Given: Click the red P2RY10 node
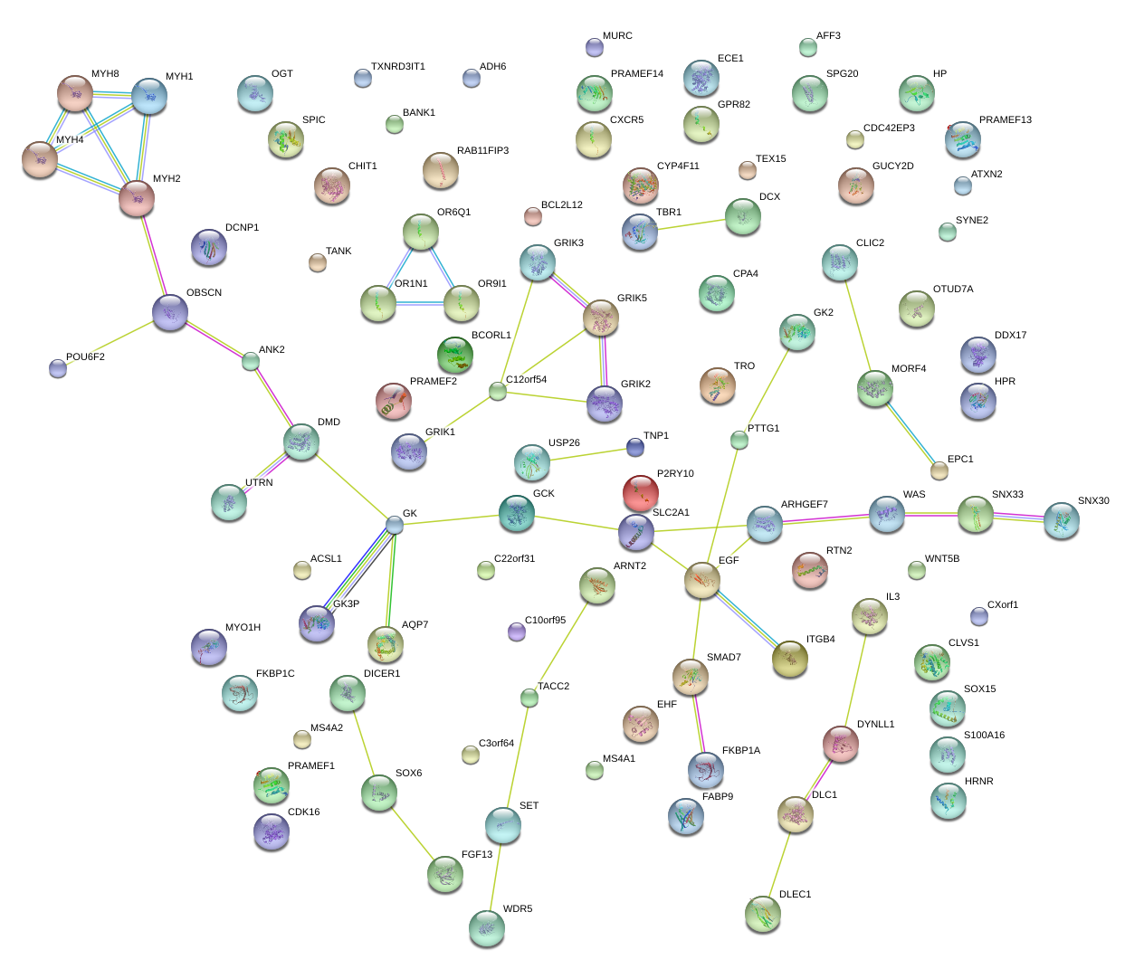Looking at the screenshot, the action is pyautogui.click(x=641, y=493).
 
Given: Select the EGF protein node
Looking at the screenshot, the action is pyautogui.click(x=702, y=580).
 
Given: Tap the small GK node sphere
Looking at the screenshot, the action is pyautogui.click(x=395, y=525).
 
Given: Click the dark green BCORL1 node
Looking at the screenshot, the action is pyautogui.click(x=455, y=355).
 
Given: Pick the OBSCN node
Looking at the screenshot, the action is pyautogui.click(x=170, y=312).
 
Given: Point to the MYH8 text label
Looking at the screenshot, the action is pyautogui.click(x=105, y=73).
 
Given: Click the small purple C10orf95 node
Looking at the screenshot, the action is pyautogui.click(x=517, y=632).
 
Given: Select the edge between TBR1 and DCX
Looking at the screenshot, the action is pyautogui.click(x=691, y=224).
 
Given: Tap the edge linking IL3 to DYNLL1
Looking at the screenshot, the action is pyautogui.click(x=855, y=680).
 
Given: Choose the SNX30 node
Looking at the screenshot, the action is pyautogui.click(x=1062, y=520).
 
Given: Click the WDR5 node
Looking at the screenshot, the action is pyautogui.click(x=487, y=928).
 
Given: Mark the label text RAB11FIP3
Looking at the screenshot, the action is pyautogui.click(x=482, y=150).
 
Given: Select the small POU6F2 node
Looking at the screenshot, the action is pyautogui.click(x=58, y=368).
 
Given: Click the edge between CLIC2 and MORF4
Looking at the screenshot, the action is pyautogui.click(x=857, y=326).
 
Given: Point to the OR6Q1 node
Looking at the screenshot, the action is pyautogui.click(x=421, y=232).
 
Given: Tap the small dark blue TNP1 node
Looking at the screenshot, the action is pyautogui.click(x=635, y=447).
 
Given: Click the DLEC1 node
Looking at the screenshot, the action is pyautogui.click(x=762, y=914).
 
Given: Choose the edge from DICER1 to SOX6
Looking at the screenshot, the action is pyautogui.click(x=364, y=743).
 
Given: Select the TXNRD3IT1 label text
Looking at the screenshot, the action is pyautogui.click(x=398, y=66).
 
